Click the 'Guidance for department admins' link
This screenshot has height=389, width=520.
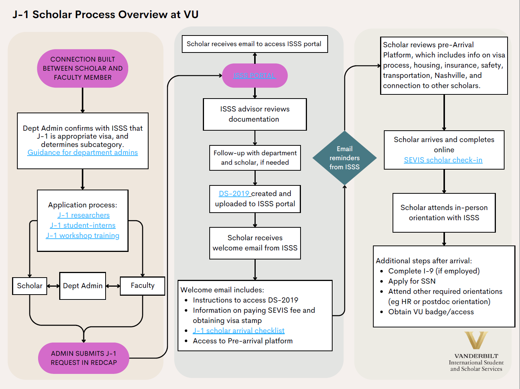(x=83, y=153)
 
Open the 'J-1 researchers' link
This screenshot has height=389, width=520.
(x=83, y=215)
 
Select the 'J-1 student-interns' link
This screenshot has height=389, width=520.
(x=83, y=225)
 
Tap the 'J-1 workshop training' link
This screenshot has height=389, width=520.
(x=83, y=236)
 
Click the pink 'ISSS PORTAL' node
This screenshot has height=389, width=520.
(x=255, y=76)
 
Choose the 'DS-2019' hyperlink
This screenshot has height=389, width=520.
(x=234, y=194)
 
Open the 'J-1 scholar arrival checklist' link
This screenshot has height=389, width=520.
(x=239, y=331)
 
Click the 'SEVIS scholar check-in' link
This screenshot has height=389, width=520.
(x=443, y=160)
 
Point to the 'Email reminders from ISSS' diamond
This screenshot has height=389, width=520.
(x=344, y=158)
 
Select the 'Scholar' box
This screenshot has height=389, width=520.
(x=30, y=286)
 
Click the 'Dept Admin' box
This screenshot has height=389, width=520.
(x=83, y=286)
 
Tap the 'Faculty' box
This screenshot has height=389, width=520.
(x=143, y=286)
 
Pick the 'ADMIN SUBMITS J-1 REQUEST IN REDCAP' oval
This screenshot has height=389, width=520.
(x=84, y=358)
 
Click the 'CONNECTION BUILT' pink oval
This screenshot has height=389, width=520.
(x=83, y=68)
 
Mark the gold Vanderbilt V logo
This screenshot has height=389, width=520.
(x=476, y=340)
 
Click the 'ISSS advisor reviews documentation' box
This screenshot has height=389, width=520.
(x=255, y=114)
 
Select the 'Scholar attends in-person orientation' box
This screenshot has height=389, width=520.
(x=444, y=213)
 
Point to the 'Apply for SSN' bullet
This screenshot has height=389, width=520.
(x=412, y=281)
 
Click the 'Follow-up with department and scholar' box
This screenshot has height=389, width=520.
(x=255, y=158)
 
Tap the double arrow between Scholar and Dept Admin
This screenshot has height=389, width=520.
(x=53, y=286)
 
